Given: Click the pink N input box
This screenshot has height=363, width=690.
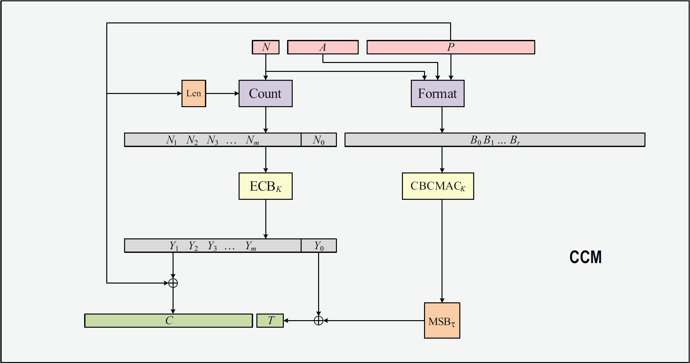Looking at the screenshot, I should pyautogui.click(x=266, y=47).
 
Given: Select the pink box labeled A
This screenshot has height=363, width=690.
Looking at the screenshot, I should pyautogui.click(x=323, y=47).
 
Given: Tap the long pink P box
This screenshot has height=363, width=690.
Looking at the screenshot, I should pyautogui.click(x=451, y=47).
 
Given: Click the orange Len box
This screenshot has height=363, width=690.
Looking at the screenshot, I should pyautogui.click(x=194, y=93).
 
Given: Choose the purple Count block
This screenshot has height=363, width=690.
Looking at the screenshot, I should pyautogui.click(x=265, y=93).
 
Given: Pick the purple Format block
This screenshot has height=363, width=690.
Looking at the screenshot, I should pyautogui.click(x=438, y=93).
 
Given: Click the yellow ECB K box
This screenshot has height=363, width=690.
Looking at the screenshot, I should pyautogui.click(x=265, y=186).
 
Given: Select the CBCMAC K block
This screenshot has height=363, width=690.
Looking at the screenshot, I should pyautogui.click(x=438, y=186).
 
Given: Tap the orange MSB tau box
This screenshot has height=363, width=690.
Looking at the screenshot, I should pyautogui.click(x=442, y=320).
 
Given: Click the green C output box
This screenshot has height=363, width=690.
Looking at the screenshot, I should pyautogui.click(x=169, y=320).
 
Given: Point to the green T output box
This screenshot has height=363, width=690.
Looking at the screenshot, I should pyautogui.click(x=270, y=320).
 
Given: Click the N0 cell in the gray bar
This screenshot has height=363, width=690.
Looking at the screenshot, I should pyautogui.click(x=319, y=140).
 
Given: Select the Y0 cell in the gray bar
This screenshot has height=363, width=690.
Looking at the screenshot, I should pyautogui.click(x=319, y=246).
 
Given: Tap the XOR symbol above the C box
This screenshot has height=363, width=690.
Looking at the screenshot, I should pyautogui.click(x=173, y=283).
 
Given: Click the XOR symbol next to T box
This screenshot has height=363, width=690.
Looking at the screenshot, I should pyautogui.click(x=318, y=320).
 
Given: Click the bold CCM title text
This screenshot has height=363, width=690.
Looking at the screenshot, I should pyautogui.click(x=585, y=257).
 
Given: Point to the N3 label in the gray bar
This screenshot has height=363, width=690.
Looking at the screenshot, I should pyautogui.click(x=213, y=140).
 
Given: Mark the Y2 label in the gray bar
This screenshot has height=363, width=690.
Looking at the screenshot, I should pyautogui.click(x=193, y=246).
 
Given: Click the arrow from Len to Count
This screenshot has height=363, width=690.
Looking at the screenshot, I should pyautogui.click(x=222, y=93).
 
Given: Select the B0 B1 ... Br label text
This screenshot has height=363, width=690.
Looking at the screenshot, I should pyautogui.click(x=495, y=140).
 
